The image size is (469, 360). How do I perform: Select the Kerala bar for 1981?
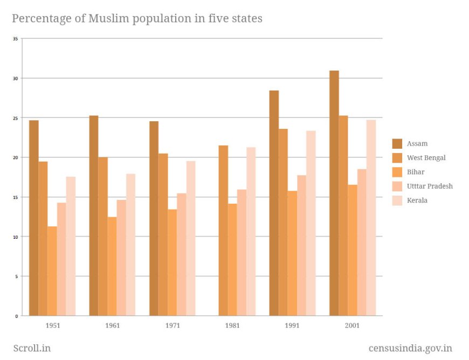point(251,231)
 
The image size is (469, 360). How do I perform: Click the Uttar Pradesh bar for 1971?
point(182,254)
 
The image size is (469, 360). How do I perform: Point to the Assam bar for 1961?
point(94,216)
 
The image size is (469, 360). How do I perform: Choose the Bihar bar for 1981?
point(232,259)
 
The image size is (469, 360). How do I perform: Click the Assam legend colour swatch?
point(397,143)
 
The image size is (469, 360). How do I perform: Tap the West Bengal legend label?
point(426,158)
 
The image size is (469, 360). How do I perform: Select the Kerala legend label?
point(417,200)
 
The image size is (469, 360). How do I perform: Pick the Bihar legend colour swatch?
point(397,172)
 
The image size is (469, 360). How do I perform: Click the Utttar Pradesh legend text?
point(430,186)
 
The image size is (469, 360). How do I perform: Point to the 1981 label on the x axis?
point(233,326)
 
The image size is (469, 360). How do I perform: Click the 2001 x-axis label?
point(353,326)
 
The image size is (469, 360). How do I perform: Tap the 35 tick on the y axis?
point(16,39)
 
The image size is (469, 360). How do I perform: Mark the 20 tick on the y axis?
point(16,157)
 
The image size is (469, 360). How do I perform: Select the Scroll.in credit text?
point(31,348)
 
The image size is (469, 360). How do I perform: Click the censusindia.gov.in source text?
point(410,348)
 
